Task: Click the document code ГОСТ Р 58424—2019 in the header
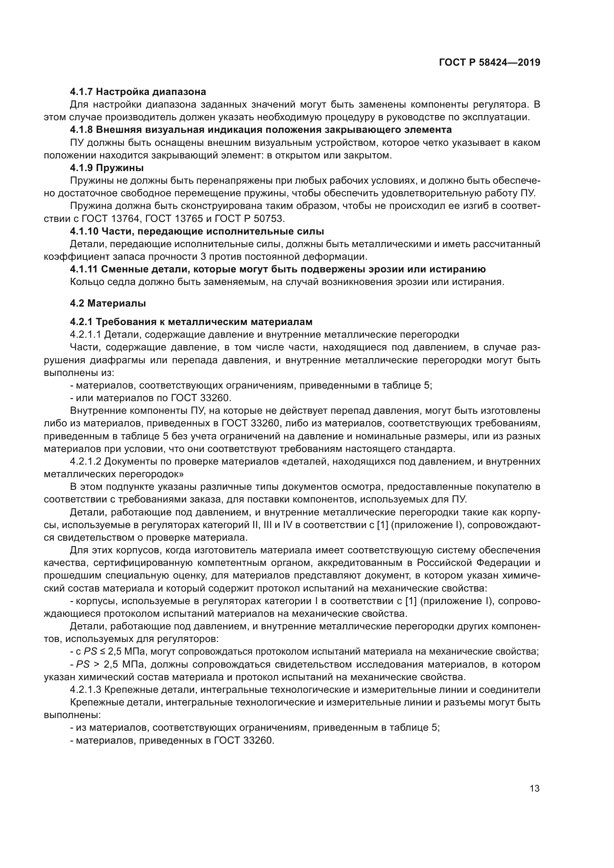pos(489,62)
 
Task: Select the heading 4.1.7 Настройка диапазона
pos(138,92)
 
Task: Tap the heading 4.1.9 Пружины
pos(107,168)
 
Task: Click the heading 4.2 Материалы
pos(108,303)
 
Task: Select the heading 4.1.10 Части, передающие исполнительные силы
pos(197,231)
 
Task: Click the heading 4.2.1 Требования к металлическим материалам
pos(191,322)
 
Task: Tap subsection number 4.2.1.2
pos(85,462)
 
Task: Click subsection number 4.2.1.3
pos(85,690)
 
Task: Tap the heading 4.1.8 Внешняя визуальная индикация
pos(261,130)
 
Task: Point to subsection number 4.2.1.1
pos(85,335)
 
